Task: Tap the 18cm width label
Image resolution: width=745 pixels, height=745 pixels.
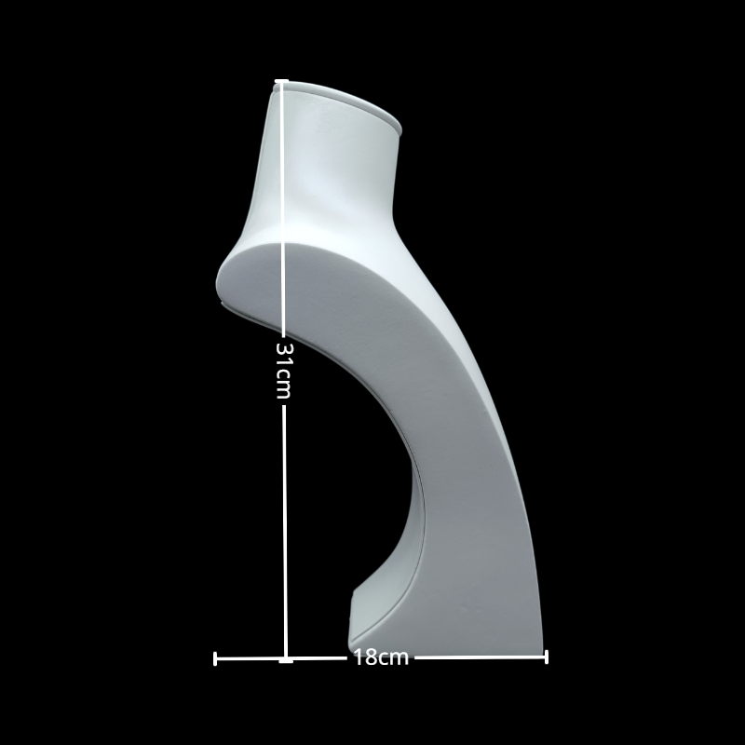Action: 381,657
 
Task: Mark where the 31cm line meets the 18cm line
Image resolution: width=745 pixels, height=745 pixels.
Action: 286,659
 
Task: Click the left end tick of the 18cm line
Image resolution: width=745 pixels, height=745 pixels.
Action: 216,658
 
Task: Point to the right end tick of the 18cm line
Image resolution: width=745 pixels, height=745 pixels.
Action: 546,657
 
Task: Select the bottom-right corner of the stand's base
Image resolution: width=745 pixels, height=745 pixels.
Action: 540,646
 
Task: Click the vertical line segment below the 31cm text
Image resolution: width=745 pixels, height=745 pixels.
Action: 285,521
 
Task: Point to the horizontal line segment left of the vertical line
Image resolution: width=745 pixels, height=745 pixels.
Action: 250,658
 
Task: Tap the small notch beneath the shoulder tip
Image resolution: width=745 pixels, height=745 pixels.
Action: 222,302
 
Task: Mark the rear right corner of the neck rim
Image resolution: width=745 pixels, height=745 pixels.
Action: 400,128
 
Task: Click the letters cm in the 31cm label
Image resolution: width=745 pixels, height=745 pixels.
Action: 284,384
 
